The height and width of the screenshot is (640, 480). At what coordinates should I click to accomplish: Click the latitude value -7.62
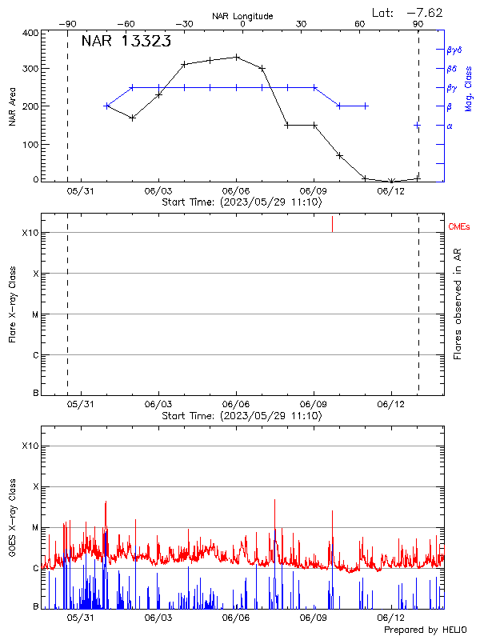click(x=425, y=12)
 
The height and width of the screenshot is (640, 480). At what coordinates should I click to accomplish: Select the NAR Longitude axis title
click(x=242, y=16)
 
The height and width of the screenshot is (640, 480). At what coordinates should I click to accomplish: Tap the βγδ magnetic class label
click(x=454, y=50)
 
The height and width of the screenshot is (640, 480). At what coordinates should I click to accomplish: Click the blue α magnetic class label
click(x=449, y=126)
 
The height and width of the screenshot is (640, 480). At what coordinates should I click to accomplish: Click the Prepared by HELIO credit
click(x=426, y=630)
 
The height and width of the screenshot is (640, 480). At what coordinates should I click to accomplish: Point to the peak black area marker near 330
click(x=237, y=57)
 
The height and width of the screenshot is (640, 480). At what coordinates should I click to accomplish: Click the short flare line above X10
click(x=332, y=224)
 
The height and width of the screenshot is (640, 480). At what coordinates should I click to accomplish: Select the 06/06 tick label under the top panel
click(x=237, y=191)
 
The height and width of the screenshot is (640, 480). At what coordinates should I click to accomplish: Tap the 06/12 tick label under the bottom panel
click(x=391, y=618)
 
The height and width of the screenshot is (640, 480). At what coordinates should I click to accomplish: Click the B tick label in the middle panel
click(x=36, y=394)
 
